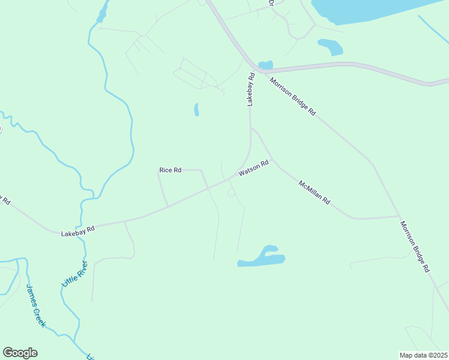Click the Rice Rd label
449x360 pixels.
[x=170, y=170]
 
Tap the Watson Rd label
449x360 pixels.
[x=253, y=169]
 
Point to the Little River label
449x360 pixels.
[x=74, y=274]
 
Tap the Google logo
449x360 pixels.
[x=20, y=353]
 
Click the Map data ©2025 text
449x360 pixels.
[x=423, y=355]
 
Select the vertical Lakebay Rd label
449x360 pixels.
[x=252, y=90]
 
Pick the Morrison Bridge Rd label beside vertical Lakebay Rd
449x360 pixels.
[x=292, y=96]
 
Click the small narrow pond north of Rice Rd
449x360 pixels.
[x=196, y=110]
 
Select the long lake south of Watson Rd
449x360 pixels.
[x=262, y=257]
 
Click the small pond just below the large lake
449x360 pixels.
[x=331, y=46]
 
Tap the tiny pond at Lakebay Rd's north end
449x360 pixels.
[x=265, y=64]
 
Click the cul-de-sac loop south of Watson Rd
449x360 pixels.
[x=232, y=192]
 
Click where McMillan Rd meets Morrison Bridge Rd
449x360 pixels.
[x=398, y=217]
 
